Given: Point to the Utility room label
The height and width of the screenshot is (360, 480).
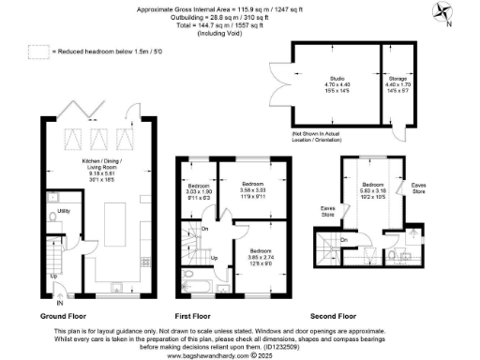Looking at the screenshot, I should (x=65, y=213).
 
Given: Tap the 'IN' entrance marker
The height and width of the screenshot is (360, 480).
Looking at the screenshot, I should (x=60, y=303).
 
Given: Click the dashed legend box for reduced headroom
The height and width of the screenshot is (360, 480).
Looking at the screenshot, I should (x=38, y=52).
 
